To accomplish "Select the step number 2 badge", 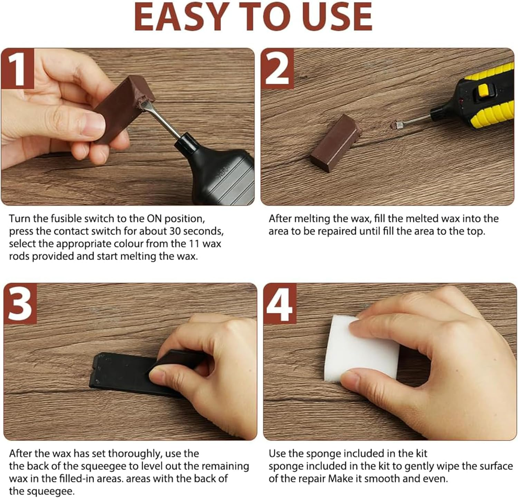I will point(277,69).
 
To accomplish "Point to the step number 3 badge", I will point(20,304).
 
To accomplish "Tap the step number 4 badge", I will point(280,304).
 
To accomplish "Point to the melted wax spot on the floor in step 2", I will point(393,125).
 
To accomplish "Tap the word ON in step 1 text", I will point(154,219).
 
